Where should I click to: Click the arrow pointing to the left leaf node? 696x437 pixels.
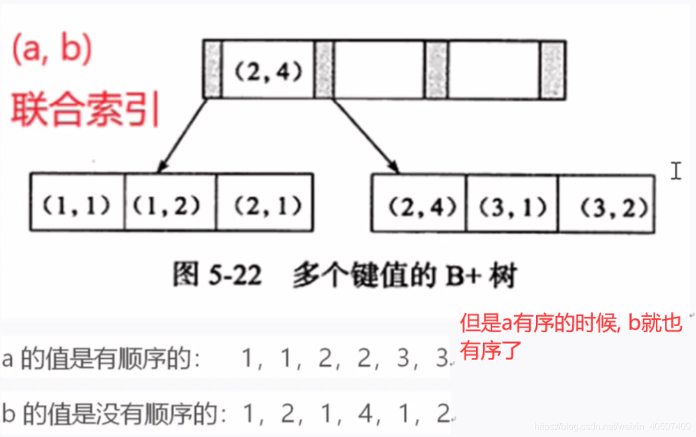182,136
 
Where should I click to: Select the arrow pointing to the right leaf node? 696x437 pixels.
362,136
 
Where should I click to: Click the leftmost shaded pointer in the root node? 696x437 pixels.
212,70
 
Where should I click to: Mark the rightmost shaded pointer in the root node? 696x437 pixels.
552,70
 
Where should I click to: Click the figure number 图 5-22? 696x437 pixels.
217,277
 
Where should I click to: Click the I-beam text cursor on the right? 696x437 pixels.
676,171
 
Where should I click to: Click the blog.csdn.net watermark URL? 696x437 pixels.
612,427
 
